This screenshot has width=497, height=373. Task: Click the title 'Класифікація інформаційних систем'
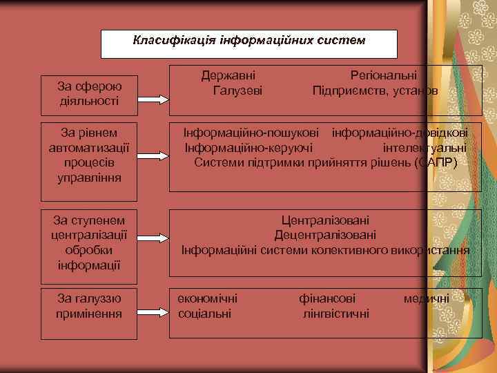pyautogui.click(x=249, y=41)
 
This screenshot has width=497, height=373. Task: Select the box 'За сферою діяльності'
pyautogui.click(x=90, y=93)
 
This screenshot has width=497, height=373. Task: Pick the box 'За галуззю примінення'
pyautogui.click(x=90, y=306)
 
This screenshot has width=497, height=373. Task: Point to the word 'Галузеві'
pyautogui.click(x=237, y=90)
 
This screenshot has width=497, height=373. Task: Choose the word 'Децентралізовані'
pyautogui.click(x=324, y=235)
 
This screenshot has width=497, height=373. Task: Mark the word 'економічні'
pyautogui.click(x=208, y=298)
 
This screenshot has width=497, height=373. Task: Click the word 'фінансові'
pyautogui.click(x=327, y=298)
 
